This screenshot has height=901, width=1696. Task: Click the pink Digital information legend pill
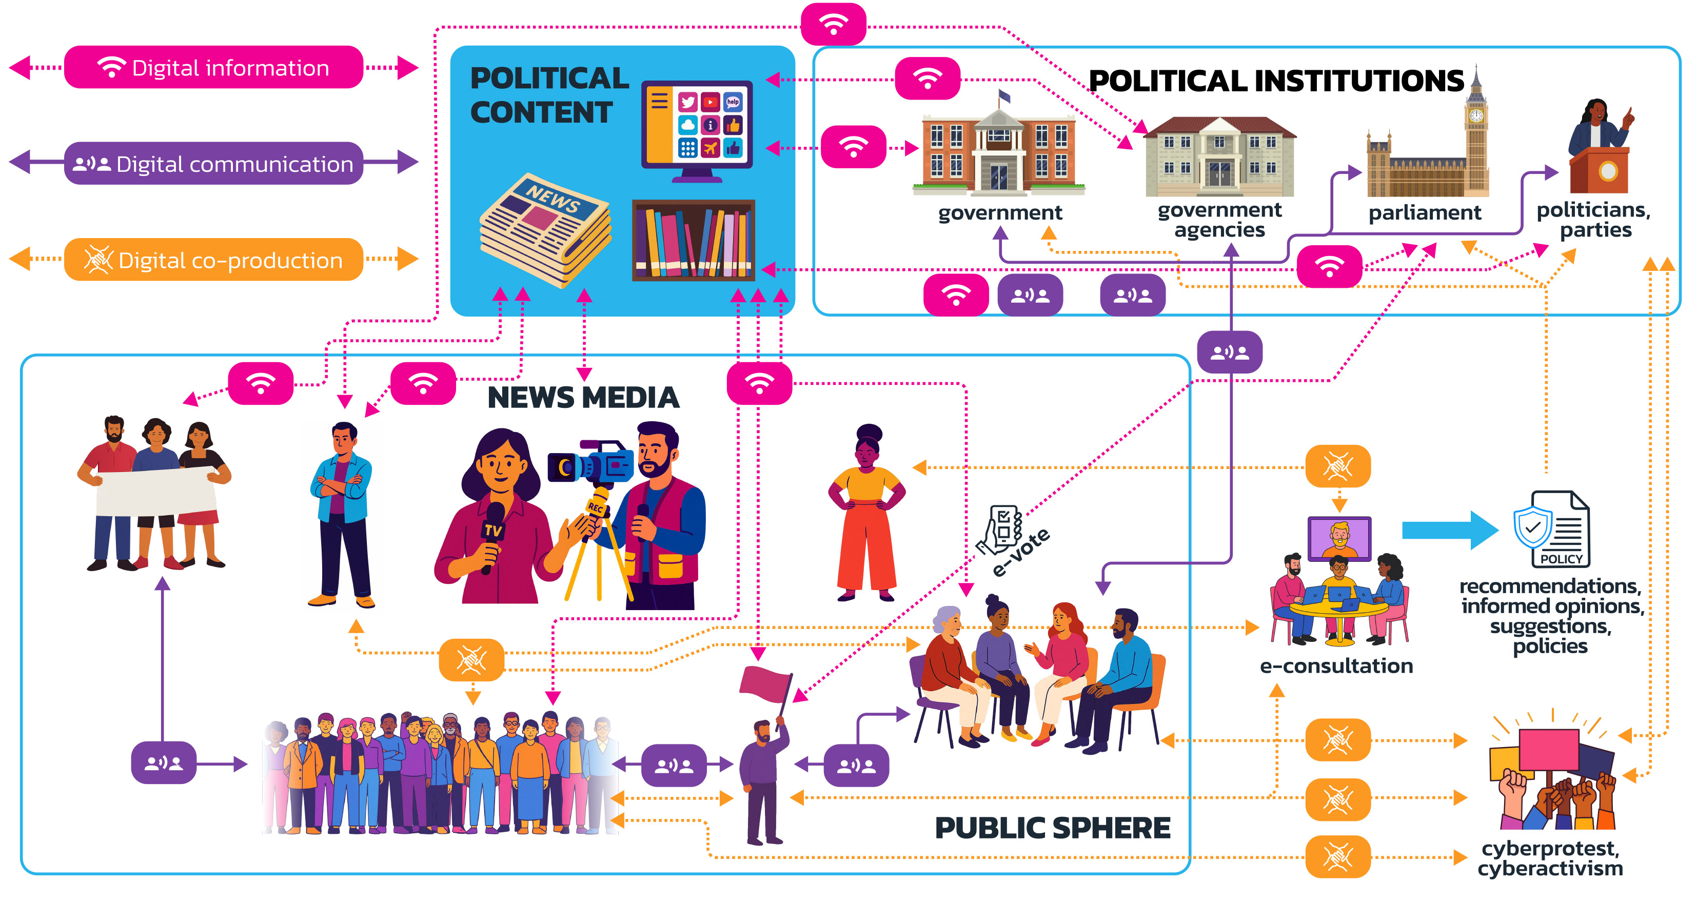(213, 67)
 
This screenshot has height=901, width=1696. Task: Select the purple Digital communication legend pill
(213, 163)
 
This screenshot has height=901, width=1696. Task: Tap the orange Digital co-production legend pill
(213, 260)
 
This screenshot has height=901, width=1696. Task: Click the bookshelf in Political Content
(693, 241)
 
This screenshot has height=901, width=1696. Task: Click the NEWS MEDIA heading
(583, 398)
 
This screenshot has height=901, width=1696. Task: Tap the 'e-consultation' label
(1336, 666)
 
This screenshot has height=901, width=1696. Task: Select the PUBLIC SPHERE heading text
(1052, 828)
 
